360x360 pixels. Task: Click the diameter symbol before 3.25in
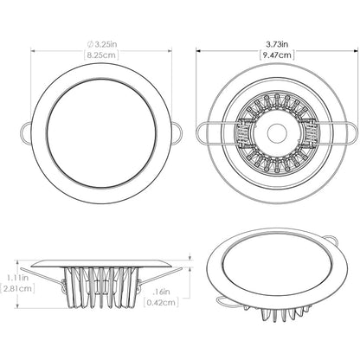78,41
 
